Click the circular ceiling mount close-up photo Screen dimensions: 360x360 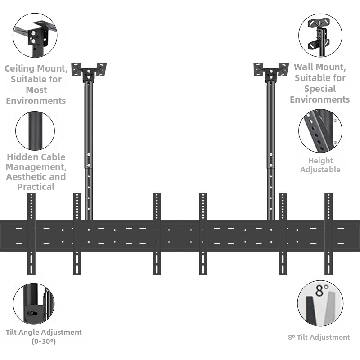35,35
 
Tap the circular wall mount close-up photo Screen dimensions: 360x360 320,35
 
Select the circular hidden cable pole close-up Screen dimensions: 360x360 35,131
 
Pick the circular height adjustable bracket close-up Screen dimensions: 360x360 320,131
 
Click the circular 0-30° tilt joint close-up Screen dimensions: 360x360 34,304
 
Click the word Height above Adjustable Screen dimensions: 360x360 320,161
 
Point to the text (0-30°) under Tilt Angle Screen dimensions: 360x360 44,342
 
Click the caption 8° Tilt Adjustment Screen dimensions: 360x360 319,337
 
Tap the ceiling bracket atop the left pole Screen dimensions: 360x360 89,72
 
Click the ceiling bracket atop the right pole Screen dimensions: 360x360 271,72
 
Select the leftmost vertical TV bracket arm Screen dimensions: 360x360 31,234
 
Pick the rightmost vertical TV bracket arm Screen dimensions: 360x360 328,234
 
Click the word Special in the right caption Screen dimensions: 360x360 320,89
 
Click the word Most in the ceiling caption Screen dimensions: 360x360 36,90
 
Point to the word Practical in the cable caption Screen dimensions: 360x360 36,187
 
